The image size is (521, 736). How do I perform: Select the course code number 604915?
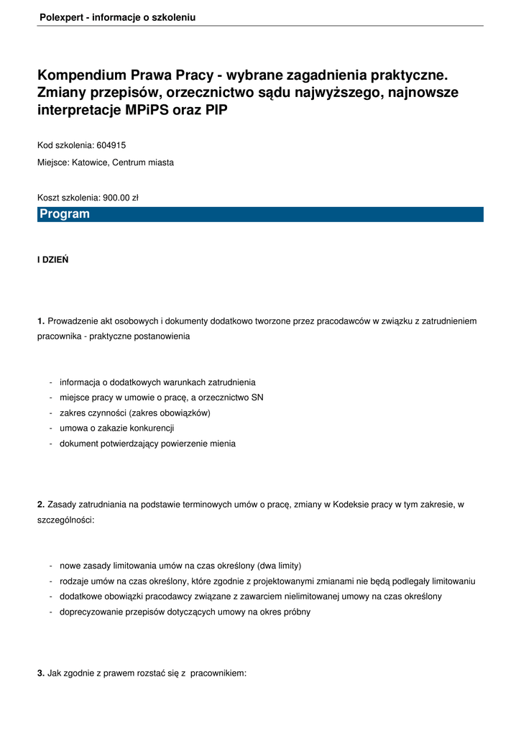tap(111, 145)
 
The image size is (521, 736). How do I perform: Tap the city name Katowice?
tap(88, 162)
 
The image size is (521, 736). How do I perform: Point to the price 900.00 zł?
tap(120, 198)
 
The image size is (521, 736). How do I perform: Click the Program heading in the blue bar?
tap(65, 214)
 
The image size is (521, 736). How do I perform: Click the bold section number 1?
tap(41, 321)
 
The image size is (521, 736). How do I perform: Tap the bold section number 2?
tap(41, 505)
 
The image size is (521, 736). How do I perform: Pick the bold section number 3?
tap(41, 673)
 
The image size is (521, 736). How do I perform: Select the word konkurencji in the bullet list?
tap(151, 428)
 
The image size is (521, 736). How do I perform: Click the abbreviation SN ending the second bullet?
tap(257, 397)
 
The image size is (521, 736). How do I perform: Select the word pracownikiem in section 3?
tap(218, 673)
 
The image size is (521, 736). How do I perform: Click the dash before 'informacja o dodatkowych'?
tap(50, 382)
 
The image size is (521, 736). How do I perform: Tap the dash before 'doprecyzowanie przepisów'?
tap(50, 612)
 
